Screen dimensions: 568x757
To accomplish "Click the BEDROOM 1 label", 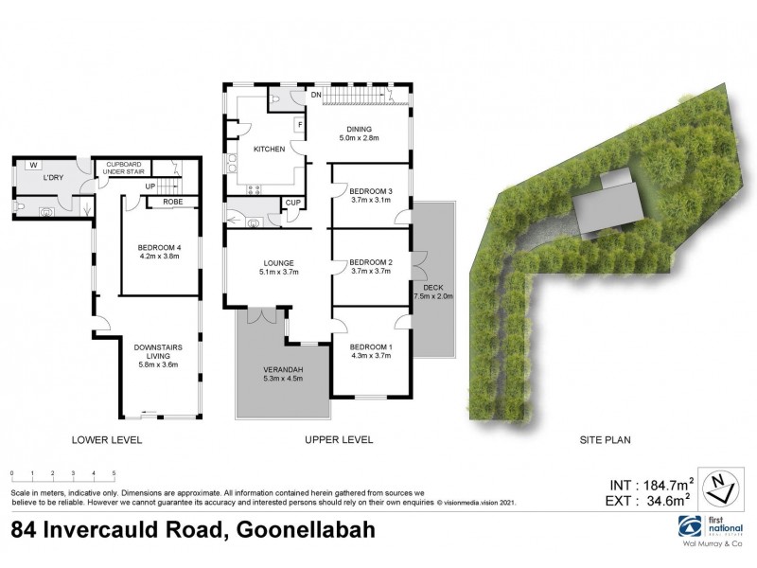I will click(370, 346).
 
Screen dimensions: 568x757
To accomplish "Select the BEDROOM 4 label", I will click(158, 250).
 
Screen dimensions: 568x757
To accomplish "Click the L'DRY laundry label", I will click(53, 178).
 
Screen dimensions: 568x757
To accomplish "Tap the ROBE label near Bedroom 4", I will click(171, 202).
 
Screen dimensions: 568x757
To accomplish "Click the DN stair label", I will click(317, 96).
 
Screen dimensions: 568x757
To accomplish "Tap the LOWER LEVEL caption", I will click(106, 439).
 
